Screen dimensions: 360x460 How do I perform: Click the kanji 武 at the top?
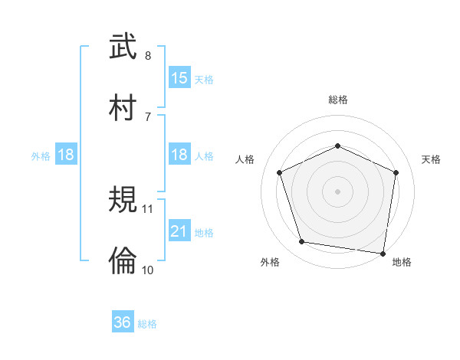(123, 47)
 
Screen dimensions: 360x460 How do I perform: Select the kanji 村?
(123, 107)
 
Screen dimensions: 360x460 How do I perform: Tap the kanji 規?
(123, 201)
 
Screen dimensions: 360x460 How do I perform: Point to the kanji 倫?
(123, 261)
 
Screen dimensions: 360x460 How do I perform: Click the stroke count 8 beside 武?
(148, 56)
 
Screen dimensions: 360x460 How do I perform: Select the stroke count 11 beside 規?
(148, 209)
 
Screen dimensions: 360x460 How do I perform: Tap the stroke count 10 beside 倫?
(148, 269)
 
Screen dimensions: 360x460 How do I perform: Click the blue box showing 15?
(179, 78)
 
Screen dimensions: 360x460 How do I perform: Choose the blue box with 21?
(179, 231)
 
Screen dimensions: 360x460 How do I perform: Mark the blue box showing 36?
(123, 323)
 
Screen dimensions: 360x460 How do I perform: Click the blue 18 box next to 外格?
(66, 155)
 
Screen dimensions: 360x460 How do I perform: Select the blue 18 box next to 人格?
(179, 155)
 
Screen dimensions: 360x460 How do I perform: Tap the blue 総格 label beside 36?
(147, 324)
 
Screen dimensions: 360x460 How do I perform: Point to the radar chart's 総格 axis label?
(338, 100)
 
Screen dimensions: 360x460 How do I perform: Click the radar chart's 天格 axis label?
(432, 159)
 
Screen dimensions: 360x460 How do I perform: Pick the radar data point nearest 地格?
(383, 253)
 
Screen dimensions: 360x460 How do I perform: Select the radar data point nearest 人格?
(281, 172)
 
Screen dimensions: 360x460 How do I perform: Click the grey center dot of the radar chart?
(338, 191)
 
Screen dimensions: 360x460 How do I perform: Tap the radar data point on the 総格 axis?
(338, 146)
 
